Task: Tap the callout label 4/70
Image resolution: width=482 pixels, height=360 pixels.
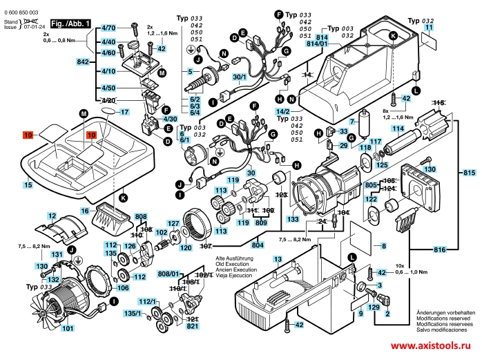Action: [108, 28]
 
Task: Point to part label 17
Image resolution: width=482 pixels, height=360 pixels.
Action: [124, 111]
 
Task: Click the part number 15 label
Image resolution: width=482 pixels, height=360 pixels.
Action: [28, 184]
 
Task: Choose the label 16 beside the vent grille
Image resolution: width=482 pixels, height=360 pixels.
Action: [85, 210]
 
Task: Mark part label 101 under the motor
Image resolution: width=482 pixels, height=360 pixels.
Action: [67, 329]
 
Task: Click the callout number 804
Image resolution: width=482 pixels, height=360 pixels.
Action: [258, 245]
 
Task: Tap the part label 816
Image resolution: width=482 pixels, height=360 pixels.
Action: [439, 249]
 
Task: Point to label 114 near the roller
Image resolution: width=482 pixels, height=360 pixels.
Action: [398, 129]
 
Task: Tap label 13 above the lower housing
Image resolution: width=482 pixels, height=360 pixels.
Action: [278, 259]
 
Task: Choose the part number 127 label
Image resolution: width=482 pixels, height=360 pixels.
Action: [174, 223]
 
